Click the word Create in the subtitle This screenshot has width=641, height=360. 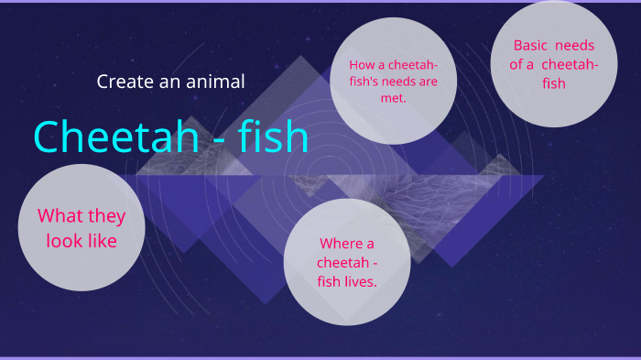tap(124, 82)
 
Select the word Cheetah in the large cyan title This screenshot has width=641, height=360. tap(114, 137)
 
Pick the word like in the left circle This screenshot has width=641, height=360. tap(102, 243)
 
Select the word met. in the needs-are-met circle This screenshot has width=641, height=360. tap(394, 97)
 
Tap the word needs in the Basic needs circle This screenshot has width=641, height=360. tap(577, 45)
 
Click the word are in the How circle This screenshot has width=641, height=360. tap(428, 82)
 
